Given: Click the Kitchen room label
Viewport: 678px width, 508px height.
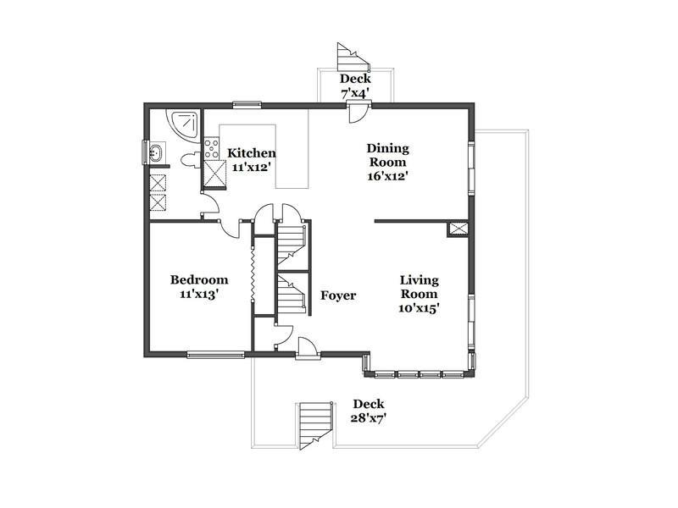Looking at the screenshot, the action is pyautogui.click(x=252, y=153).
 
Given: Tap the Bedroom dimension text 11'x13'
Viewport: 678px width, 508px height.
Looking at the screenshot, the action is pyautogui.click(x=199, y=294).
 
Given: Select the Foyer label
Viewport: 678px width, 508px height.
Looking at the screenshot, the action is pyautogui.click(x=338, y=295).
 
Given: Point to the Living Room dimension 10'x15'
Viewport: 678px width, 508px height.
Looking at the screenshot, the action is pyautogui.click(x=419, y=308).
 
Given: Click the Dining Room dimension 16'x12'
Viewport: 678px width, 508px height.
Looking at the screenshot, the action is pyautogui.click(x=388, y=176).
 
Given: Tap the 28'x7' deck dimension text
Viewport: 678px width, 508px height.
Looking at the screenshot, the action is pyautogui.click(x=369, y=417).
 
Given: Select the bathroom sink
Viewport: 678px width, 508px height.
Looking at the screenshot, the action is pyautogui.click(x=155, y=152).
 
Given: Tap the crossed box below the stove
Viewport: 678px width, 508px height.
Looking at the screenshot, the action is pyautogui.click(x=215, y=173).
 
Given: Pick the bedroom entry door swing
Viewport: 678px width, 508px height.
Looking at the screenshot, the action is pyautogui.click(x=230, y=229).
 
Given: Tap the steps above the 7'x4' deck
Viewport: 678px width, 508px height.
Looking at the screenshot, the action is pyautogui.click(x=353, y=58).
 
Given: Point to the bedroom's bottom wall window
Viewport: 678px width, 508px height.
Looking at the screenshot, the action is pyautogui.click(x=216, y=355).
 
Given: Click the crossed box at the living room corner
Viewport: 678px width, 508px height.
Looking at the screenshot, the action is pyautogui.click(x=458, y=229).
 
